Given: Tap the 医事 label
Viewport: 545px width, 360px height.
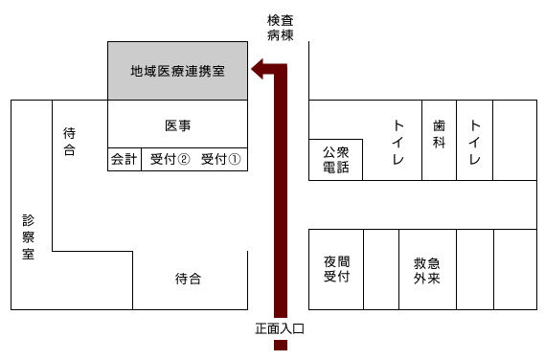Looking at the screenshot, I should [177, 125].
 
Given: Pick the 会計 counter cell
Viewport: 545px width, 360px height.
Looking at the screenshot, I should [125, 160].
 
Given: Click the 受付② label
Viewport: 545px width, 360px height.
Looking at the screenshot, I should [170, 160].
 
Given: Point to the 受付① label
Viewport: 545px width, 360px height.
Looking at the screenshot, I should [221, 160].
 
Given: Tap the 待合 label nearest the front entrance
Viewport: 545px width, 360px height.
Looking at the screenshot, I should [188, 280].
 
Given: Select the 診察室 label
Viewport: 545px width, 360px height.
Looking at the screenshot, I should [29, 237].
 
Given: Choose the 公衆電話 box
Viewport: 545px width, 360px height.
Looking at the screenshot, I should [335, 159].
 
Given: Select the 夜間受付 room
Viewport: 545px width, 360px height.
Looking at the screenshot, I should [335, 269].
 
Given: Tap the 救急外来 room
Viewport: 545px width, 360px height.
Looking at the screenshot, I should [426, 269].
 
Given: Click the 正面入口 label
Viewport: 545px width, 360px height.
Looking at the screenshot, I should [280, 328].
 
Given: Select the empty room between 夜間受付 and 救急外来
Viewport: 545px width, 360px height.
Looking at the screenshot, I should [381, 269].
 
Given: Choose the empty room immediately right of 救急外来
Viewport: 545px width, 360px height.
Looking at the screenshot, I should [474, 269].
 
